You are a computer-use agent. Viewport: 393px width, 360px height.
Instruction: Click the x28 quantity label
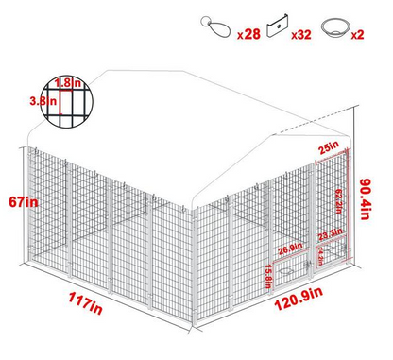[x=248, y=34]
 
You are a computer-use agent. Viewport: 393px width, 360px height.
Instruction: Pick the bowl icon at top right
[x=334, y=26]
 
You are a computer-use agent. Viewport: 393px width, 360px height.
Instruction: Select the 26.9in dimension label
[x=289, y=249]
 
